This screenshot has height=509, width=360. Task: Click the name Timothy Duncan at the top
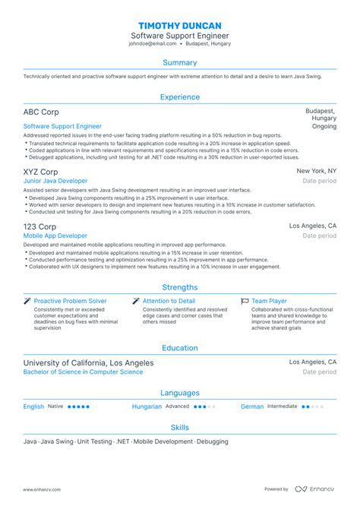coord(180,24)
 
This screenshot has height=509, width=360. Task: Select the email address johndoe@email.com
coord(151,44)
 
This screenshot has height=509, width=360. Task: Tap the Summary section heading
coord(180,62)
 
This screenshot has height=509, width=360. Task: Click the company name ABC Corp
coord(40,112)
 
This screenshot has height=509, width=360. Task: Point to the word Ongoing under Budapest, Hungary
coord(324,127)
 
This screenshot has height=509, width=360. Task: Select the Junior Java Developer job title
coord(55,181)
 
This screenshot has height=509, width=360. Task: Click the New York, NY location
coord(316,172)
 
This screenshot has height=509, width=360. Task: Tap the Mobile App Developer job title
coord(55,236)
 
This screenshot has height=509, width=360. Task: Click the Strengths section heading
coord(180,287)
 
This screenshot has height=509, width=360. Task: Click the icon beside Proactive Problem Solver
coord(27,302)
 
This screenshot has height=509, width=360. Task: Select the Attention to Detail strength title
coord(169,302)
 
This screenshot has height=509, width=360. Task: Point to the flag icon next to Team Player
coord(245,302)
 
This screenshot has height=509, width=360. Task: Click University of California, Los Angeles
coord(88,363)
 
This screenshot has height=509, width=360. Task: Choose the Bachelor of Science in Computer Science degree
coord(83,372)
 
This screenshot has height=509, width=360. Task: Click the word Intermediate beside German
coord(282,406)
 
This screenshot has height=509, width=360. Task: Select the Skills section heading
coord(180,428)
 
